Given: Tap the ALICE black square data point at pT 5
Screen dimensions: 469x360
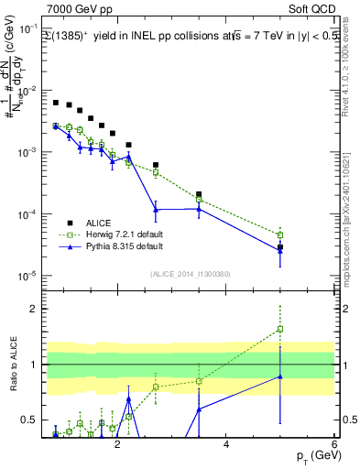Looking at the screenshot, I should tap(280, 247).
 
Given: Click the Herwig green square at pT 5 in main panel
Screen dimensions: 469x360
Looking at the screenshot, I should tap(280, 235).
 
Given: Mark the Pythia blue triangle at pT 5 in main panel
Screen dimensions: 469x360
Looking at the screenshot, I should tap(280, 252).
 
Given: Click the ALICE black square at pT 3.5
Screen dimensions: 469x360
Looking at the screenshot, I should tap(199, 194).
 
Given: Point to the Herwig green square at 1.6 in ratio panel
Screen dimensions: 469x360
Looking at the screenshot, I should tap(280, 329).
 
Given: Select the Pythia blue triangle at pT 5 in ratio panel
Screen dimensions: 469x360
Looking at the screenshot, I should tap(280, 376).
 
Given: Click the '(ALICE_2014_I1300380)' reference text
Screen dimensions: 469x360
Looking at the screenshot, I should tap(190, 274).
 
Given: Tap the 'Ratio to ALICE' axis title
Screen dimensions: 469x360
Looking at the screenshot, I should tap(12, 365).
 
